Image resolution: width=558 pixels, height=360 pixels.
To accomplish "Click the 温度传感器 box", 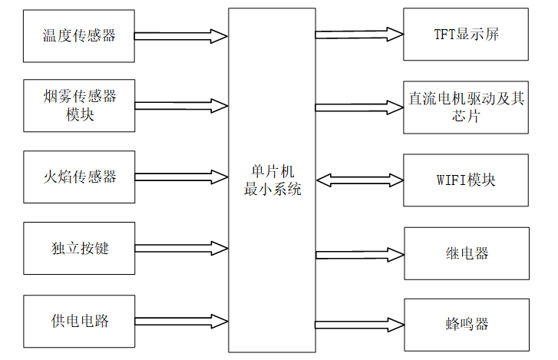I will [x=79, y=36].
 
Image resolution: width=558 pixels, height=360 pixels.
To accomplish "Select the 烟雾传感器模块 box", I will [x=79, y=106].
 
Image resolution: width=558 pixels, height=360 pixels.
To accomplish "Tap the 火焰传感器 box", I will [x=79, y=177].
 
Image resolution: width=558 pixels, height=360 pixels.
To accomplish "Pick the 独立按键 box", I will [x=79, y=248].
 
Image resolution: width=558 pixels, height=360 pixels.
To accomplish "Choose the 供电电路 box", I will [x=79, y=320].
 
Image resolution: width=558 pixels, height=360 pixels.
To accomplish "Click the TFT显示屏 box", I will [x=466, y=35].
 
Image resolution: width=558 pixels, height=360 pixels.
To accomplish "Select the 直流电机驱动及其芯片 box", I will [x=466, y=107].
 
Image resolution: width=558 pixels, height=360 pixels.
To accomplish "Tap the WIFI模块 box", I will [x=466, y=180].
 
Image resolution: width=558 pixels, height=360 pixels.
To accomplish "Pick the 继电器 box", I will [x=466, y=253].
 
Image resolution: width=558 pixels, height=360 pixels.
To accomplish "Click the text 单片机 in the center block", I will [x=272, y=171].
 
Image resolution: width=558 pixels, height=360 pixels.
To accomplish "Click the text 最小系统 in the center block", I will [x=272, y=189].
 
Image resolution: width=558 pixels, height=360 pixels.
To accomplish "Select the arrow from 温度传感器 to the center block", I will [x=181, y=36].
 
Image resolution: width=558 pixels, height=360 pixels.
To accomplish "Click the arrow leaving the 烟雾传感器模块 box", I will [x=181, y=106].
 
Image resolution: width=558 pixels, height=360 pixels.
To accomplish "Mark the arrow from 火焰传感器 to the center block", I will [x=181, y=177].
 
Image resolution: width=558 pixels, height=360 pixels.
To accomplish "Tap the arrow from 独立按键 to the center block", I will [x=181, y=248].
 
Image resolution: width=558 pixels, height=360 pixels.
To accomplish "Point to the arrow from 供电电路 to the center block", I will [x=181, y=320].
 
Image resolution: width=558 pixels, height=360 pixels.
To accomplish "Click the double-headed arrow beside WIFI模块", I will [x=359, y=180].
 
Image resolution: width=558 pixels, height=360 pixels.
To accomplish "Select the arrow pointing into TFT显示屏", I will [x=359, y=34].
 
